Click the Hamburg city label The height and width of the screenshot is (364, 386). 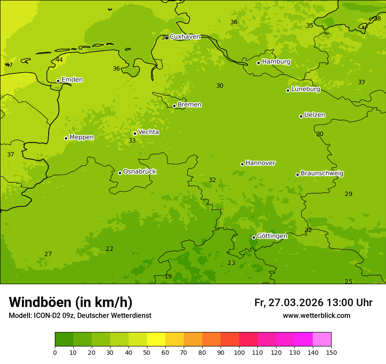(x=276, y=62)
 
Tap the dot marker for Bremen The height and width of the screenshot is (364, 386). (x=174, y=106)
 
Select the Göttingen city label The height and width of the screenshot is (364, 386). (x=272, y=236)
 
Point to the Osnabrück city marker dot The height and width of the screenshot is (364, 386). (x=120, y=173)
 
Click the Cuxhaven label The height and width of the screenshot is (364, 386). (x=185, y=37)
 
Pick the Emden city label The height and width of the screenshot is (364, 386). (x=72, y=80)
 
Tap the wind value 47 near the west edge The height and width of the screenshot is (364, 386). (x=9, y=65)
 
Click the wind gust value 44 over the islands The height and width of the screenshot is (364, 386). (x=59, y=60)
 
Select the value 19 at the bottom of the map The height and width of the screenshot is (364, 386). (x=168, y=277)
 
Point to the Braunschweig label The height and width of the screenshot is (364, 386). (x=322, y=173)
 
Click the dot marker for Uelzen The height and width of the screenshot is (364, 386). (x=301, y=116)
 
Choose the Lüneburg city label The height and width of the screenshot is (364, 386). (x=306, y=89)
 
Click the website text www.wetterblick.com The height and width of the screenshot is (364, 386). (x=316, y=316)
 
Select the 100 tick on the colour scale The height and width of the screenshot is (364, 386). (x=239, y=352)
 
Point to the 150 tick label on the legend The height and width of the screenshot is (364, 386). (x=331, y=352)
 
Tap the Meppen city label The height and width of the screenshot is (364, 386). (x=82, y=137)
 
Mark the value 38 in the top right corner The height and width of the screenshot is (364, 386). (x=377, y=19)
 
